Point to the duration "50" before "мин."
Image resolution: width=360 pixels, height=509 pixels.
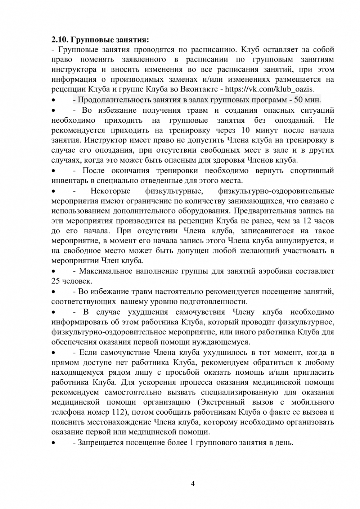point(299,100)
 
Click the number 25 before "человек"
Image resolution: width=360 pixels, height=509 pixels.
point(55,281)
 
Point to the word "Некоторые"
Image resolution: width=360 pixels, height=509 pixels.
point(111,191)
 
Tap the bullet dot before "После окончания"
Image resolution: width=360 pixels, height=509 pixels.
point(54,171)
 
